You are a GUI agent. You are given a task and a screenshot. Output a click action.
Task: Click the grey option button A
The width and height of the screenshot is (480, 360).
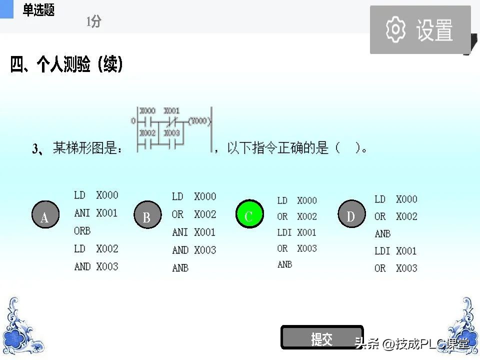tap(45, 215)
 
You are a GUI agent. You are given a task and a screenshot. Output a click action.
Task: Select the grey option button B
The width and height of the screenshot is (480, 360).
tap(147, 215)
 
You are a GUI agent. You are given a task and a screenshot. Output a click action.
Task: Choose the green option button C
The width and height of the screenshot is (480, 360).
tap(249, 215)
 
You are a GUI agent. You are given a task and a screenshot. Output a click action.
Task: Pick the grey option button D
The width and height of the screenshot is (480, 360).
tap(351, 215)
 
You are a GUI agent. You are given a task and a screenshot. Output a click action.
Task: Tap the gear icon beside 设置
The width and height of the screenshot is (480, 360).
tap(396, 29)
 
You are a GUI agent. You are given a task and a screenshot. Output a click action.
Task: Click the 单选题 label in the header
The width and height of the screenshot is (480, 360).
tap(38, 10)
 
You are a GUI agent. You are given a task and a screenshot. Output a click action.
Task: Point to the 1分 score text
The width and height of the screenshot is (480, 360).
tap(93, 21)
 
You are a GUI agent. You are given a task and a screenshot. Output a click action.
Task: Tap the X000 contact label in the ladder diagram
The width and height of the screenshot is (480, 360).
tap(147, 110)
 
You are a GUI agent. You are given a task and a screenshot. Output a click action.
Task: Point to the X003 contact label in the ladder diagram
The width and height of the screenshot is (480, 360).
tap(171, 133)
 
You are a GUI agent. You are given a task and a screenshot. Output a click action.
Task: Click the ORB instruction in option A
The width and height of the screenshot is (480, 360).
tap(82, 231)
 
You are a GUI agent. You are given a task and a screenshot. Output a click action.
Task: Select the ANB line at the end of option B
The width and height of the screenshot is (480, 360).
tap(180, 268)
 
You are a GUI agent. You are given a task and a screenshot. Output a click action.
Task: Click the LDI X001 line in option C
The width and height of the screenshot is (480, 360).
tap(297, 232)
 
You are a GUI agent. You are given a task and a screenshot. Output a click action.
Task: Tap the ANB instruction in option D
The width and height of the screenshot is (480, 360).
tap(382, 233)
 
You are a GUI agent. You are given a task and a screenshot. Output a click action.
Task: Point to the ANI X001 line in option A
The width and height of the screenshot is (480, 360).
tap(96, 213)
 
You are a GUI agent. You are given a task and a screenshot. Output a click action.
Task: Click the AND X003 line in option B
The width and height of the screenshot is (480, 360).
tap(194, 250)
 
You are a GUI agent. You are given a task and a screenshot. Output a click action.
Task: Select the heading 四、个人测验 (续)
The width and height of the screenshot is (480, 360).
tap(67, 65)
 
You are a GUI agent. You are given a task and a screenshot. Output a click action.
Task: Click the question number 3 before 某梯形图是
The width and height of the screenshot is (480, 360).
tap(35, 148)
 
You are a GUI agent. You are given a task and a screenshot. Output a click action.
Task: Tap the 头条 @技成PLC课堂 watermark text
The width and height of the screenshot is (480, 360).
tap(411, 343)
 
